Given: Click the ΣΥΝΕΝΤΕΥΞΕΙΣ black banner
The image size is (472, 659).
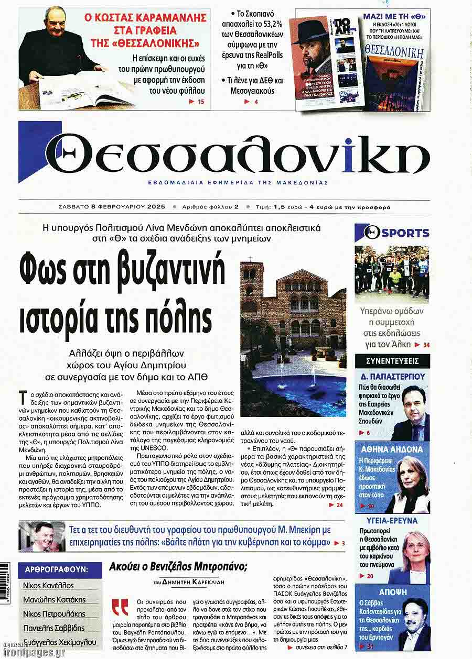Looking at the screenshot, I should pos(392,361).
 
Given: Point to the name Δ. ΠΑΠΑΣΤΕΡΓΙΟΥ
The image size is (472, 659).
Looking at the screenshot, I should pos(393,376).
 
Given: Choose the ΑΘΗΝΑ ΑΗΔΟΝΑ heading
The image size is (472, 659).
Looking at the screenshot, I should pos(392,449).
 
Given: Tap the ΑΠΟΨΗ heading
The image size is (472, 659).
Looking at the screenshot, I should pos(392,590).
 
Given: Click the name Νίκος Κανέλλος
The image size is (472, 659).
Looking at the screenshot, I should pos(48,586).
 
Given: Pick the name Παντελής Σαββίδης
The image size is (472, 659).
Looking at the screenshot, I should pos(53,628).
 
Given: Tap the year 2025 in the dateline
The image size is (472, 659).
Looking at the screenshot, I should pos(156,206).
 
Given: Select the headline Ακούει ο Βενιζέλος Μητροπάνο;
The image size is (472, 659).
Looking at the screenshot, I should pos(178,567).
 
